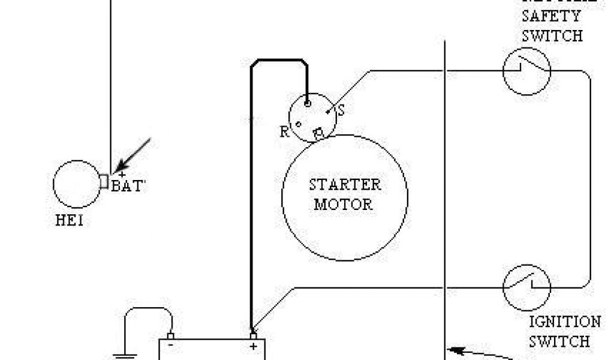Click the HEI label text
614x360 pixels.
(69, 221)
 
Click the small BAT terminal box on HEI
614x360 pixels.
(103, 181)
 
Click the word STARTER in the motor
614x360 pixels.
(345, 184)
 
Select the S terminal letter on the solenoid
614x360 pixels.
(342, 111)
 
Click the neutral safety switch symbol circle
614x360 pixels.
(526, 71)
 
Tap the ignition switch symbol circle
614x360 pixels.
(526, 287)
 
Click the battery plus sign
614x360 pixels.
(254, 346)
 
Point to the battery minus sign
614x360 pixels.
(171, 346)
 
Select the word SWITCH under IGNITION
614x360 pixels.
(559, 341)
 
